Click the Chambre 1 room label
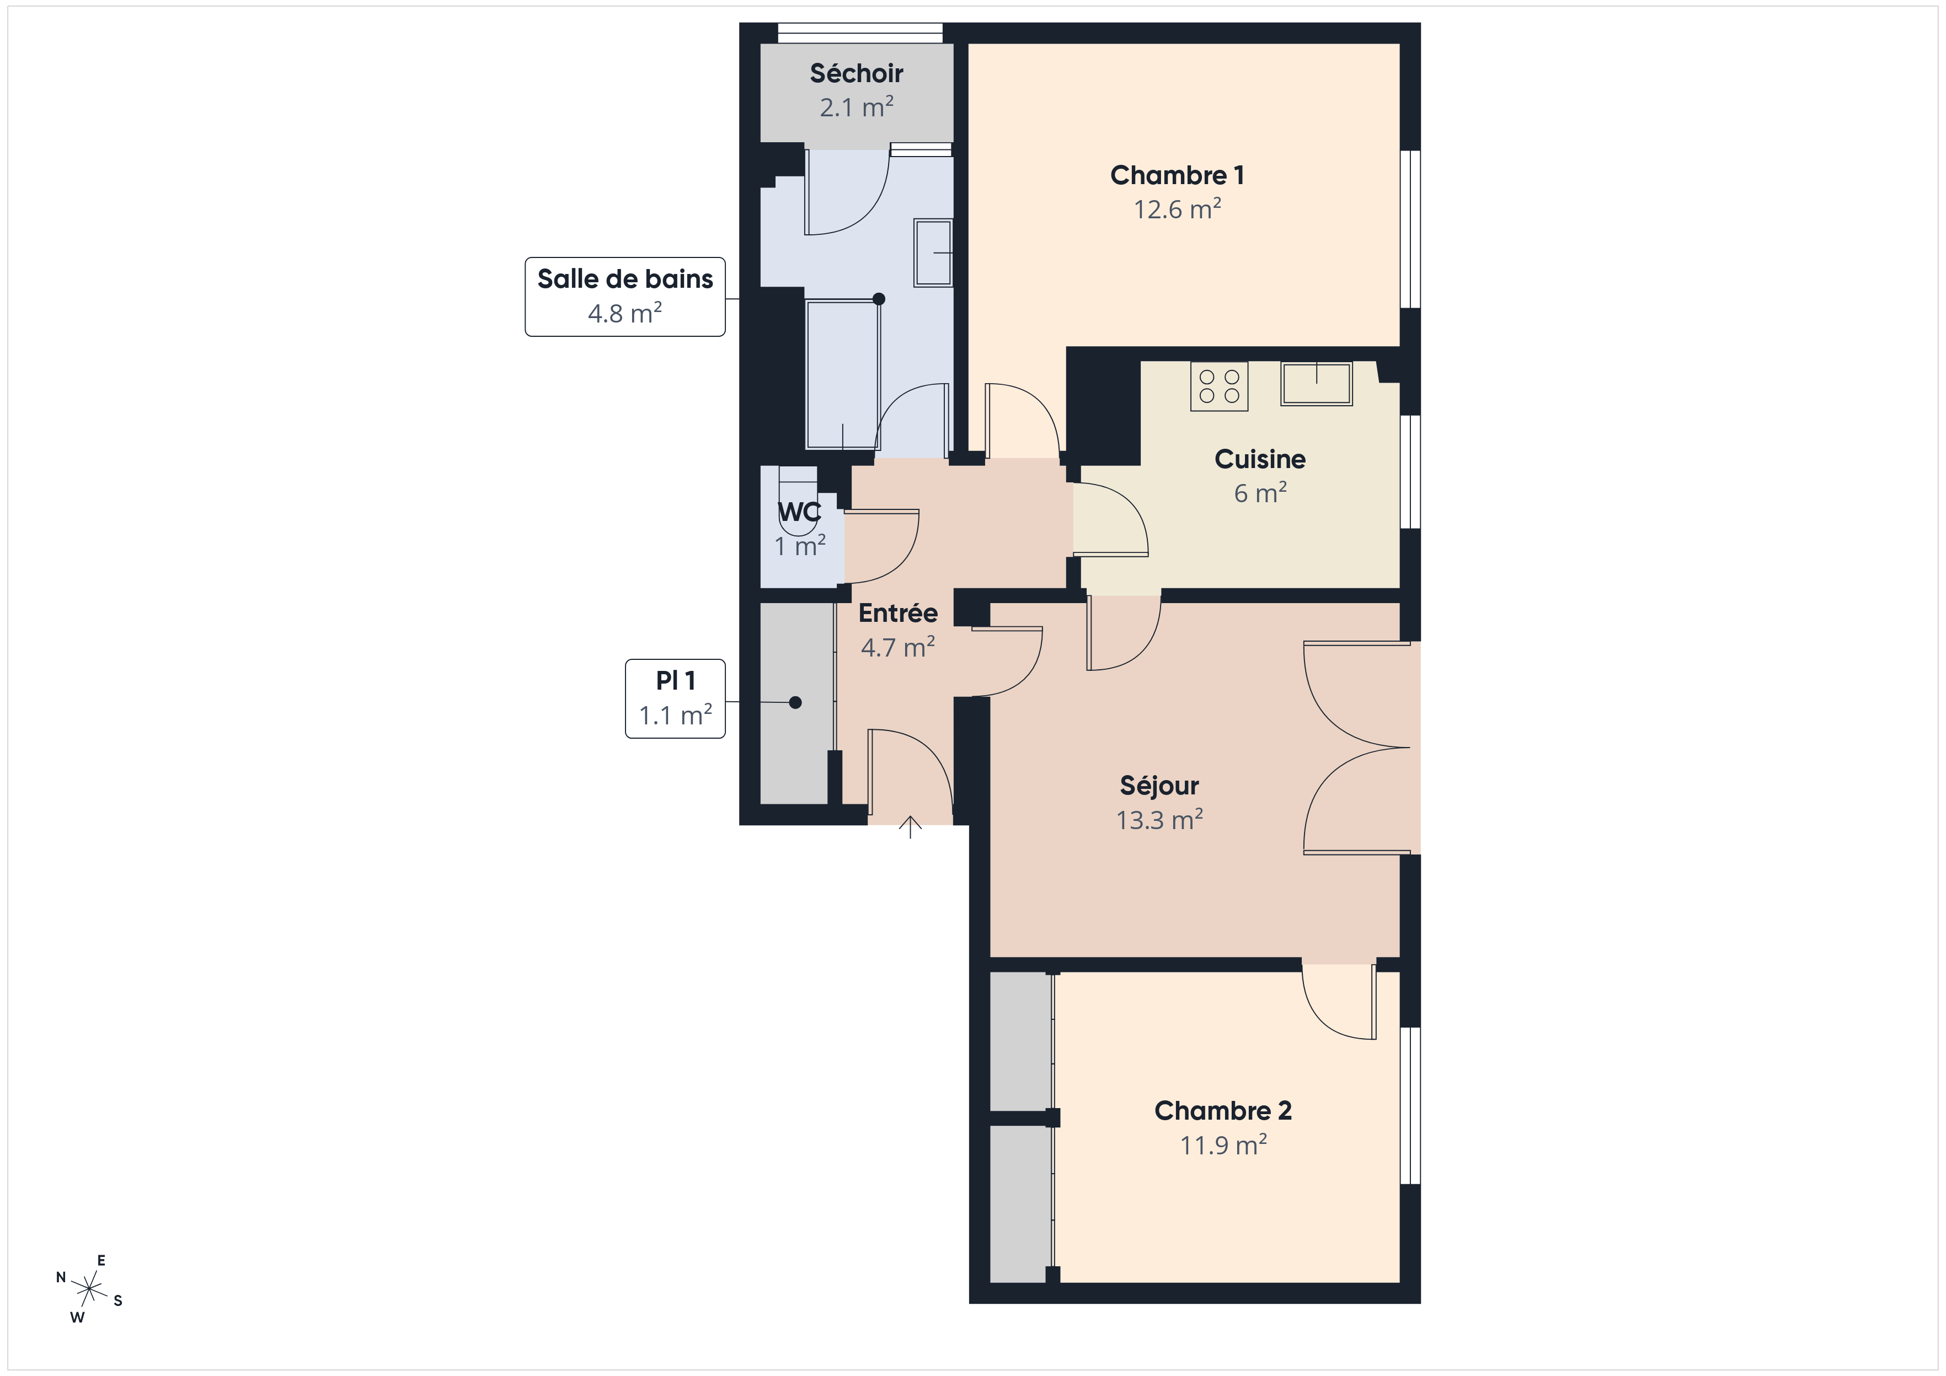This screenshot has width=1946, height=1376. pyautogui.click(x=1177, y=175)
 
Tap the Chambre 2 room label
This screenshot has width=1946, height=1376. pyautogui.click(x=1223, y=1111)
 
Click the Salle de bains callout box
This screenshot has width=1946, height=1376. pyautogui.click(x=625, y=297)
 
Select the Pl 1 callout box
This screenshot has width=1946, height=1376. pyautogui.click(x=676, y=699)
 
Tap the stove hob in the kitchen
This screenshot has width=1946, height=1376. pyautogui.click(x=1220, y=386)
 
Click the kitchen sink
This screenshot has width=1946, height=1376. pyautogui.click(x=1316, y=384)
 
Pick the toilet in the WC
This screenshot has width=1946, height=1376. pyautogui.click(x=798, y=501)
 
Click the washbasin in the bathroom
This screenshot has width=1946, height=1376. pyautogui.click(x=933, y=252)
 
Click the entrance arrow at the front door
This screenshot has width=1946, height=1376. pyautogui.click(x=910, y=827)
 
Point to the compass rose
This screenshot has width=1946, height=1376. pyautogui.click(x=89, y=1289)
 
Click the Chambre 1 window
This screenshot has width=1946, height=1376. pyautogui.click(x=1409, y=229)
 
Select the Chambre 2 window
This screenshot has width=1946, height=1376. pyautogui.click(x=1409, y=1105)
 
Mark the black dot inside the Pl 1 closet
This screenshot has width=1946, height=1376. pyautogui.click(x=795, y=702)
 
